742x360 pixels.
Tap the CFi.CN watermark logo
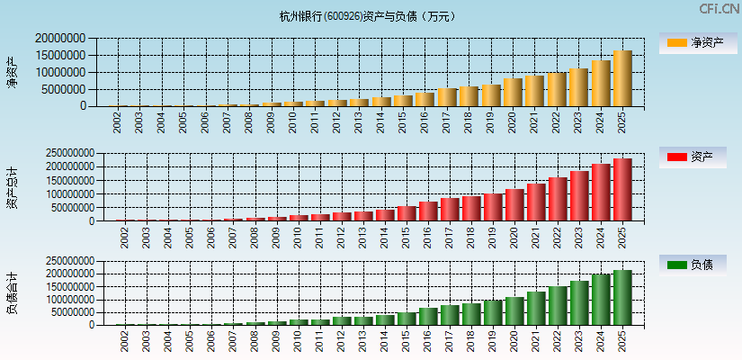[719, 9]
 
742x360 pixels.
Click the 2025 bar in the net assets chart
[622, 78]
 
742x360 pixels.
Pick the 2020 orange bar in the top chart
[513, 92]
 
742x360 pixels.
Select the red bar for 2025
[622, 190]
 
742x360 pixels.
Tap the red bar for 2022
[558, 199]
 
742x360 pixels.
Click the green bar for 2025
[622, 297]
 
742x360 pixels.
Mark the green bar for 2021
[536, 308]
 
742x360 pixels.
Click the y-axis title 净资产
[12, 72]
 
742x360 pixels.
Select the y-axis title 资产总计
[12, 187]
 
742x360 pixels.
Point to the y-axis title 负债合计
[12, 292]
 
